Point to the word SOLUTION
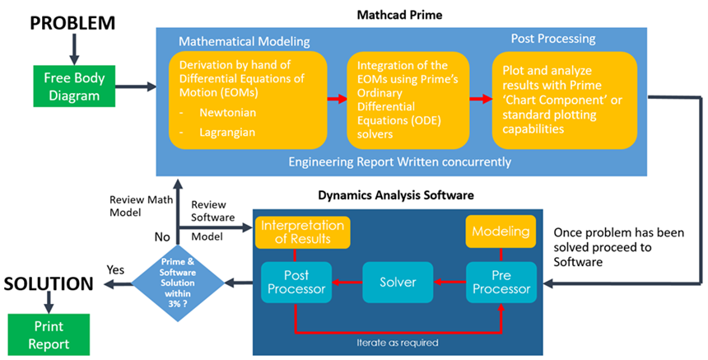tap(47, 284)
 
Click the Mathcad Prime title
tap(402, 14)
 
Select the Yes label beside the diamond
tap(116, 269)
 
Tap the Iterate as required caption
tap(397, 340)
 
